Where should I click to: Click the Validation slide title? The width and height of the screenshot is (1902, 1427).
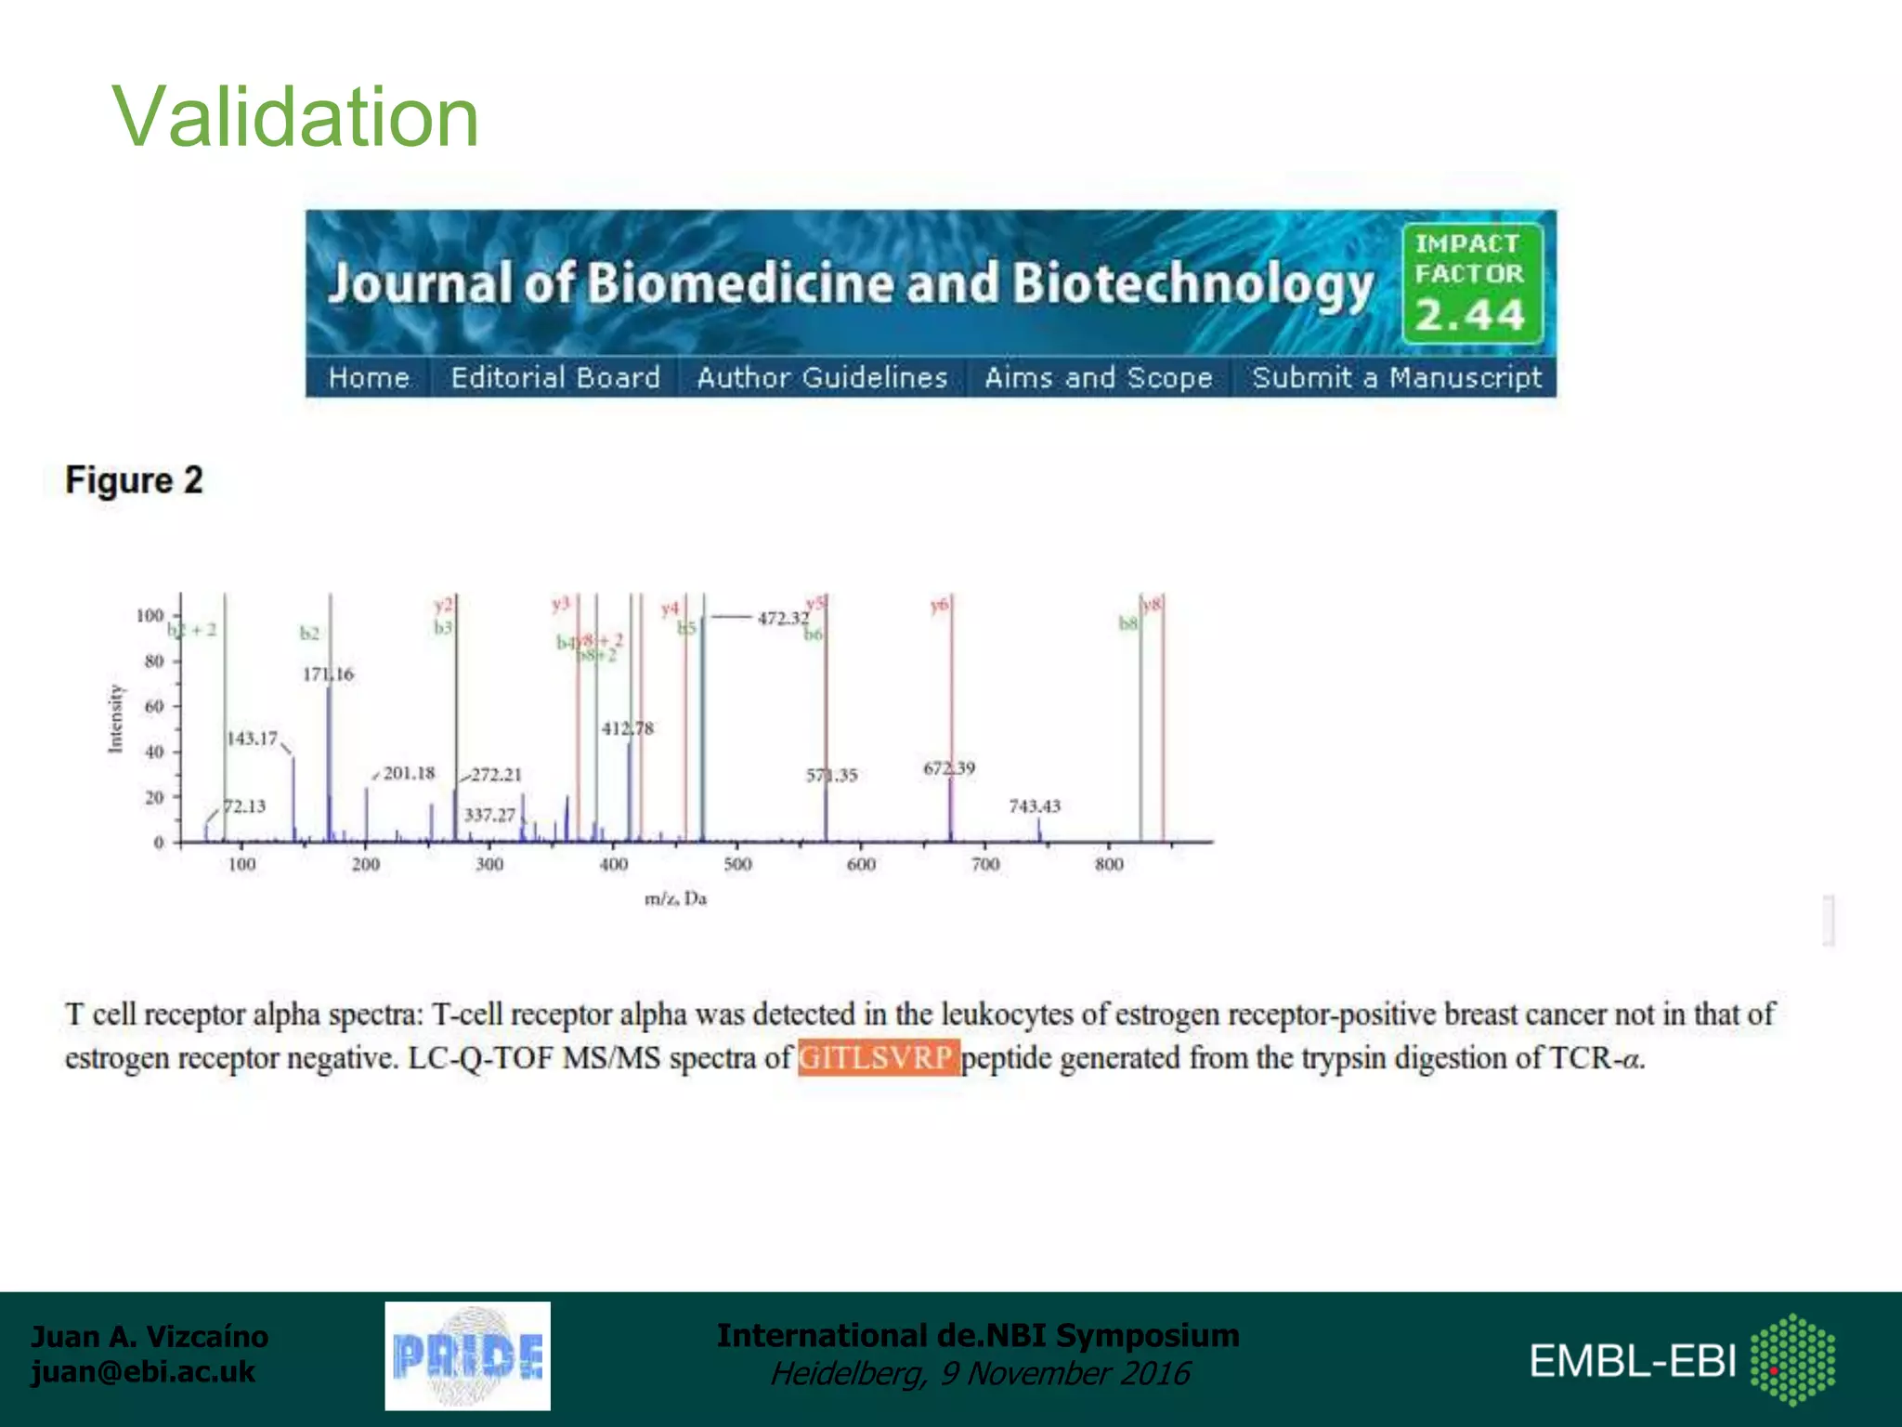click(295, 117)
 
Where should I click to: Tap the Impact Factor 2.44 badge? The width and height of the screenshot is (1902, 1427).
click(1471, 282)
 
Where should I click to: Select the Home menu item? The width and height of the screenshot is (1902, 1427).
click(369, 378)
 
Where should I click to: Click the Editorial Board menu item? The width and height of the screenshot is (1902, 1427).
click(555, 378)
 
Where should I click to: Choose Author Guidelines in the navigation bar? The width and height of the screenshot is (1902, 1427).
click(822, 378)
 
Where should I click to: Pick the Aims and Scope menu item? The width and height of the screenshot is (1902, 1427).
click(1099, 378)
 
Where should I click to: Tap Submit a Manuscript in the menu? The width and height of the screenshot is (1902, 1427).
click(1396, 378)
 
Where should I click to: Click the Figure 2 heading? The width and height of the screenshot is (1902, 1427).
click(134, 480)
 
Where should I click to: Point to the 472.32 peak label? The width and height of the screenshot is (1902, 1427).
click(783, 618)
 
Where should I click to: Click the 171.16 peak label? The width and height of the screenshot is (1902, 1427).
click(328, 674)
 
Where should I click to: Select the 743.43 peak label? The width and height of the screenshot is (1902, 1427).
click(1035, 806)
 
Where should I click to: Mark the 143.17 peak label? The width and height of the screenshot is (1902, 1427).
click(253, 739)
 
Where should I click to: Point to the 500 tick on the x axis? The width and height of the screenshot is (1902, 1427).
click(737, 865)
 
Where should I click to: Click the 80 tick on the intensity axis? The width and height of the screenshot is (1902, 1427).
click(154, 661)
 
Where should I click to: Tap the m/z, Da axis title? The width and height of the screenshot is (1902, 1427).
click(675, 899)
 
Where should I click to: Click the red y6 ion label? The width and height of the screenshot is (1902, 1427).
click(939, 606)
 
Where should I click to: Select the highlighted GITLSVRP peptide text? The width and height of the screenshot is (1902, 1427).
click(877, 1058)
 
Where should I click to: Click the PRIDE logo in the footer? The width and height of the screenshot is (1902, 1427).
click(467, 1356)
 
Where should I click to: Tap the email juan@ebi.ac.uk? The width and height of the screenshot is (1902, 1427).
click(143, 1372)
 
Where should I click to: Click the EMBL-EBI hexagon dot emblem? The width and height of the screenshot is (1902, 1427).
click(1792, 1359)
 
